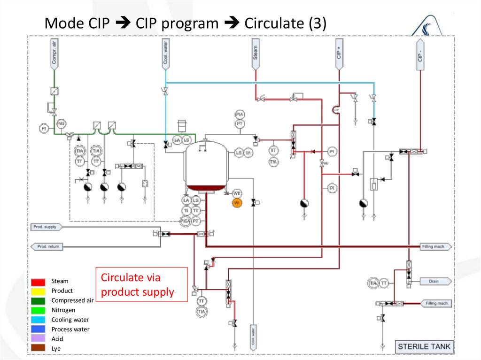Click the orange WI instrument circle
coord(237,202)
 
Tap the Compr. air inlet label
coord(54,54)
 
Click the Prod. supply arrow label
coord(46,227)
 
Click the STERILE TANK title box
coord(424,347)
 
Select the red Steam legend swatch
coord(39,282)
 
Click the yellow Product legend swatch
coord(39,291)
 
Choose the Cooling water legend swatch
coord(39,320)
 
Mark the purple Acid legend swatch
coord(39,339)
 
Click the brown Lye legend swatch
coord(39,348)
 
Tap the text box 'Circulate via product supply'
coord(141,284)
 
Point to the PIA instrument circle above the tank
coord(240,115)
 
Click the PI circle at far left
coord(44,128)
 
